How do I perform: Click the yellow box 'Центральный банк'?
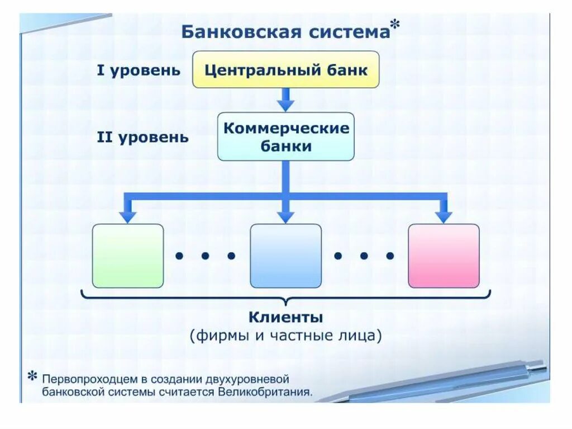pyautogui.click(x=285, y=70)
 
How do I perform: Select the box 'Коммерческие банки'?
pyautogui.click(x=285, y=136)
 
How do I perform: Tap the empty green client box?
pyautogui.click(x=128, y=256)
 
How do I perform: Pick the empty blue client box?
pyautogui.click(x=285, y=256)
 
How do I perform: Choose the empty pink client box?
pyautogui.click(x=444, y=256)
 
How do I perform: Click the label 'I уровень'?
pyautogui.click(x=139, y=70)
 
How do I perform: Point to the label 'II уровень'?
pyautogui.click(x=143, y=137)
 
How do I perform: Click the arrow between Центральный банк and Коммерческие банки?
pyautogui.click(x=285, y=100)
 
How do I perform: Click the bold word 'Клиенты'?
pyautogui.click(x=285, y=318)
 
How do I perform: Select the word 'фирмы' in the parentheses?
pyautogui.click(x=219, y=336)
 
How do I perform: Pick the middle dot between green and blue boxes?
pyautogui.click(x=205, y=256)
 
